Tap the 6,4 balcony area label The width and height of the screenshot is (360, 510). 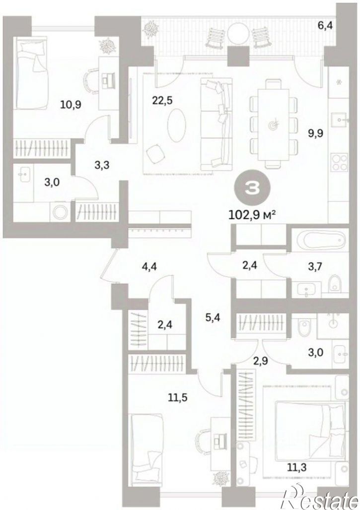tap(327, 25)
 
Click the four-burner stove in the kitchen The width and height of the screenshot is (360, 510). tap(340, 163)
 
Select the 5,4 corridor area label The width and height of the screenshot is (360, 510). tap(213, 317)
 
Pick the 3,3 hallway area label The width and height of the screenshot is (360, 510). tap(101, 166)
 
